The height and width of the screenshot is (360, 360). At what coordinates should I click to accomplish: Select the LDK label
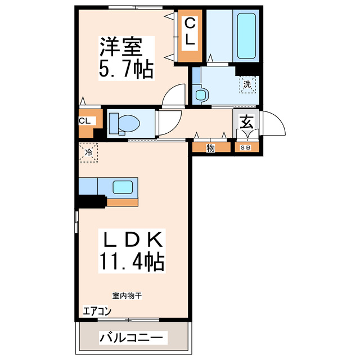coord(132,241)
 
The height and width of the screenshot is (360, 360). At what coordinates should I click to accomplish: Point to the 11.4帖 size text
coord(132,262)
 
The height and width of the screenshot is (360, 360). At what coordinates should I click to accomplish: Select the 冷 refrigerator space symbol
coord(88,152)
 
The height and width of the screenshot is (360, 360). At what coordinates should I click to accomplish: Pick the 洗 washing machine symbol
coord(247,85)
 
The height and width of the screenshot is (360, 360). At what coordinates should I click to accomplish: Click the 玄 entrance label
coord(246,122)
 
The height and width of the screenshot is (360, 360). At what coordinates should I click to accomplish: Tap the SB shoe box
coord(246,148)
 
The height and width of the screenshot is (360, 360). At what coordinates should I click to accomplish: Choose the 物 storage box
coord(210,148)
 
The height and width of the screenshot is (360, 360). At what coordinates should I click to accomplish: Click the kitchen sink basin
coord(123,187)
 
